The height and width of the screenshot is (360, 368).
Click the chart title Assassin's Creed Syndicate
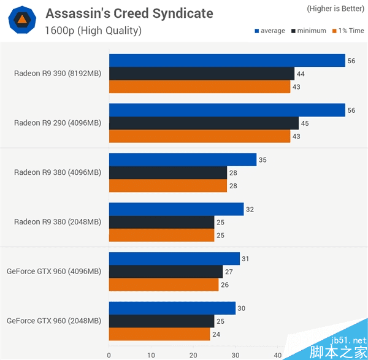tap(129, 13)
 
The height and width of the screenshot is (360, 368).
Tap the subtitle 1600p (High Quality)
tap(93, 30)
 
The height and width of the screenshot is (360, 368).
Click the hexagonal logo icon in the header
tap(21, 21)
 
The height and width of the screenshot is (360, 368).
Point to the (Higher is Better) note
tap(335, 9)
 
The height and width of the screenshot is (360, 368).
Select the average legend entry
tap(268, 31)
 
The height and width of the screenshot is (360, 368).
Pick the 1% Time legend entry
tap(348, 31)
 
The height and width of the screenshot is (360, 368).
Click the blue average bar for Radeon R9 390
tap(227, 60)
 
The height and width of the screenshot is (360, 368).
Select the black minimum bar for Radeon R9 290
tap(204, 123)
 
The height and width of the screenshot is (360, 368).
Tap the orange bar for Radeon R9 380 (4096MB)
tap(167, 185)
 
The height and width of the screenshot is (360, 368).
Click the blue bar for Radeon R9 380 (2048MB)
tap(176, 209)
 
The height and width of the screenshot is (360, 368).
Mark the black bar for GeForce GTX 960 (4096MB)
tap(166, 271)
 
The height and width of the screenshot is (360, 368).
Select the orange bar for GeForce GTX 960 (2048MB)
tap(159, 334)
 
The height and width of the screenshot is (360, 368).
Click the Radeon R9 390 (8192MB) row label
tap(58, 74)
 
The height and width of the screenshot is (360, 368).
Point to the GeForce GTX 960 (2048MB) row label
tap(53, 320)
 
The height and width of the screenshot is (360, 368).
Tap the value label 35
tap(263, 159)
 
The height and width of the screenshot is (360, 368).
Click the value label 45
tap(305, 123)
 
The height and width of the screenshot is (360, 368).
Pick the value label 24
tap(217, 334)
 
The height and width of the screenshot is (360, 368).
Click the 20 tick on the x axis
tap(193, 354)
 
